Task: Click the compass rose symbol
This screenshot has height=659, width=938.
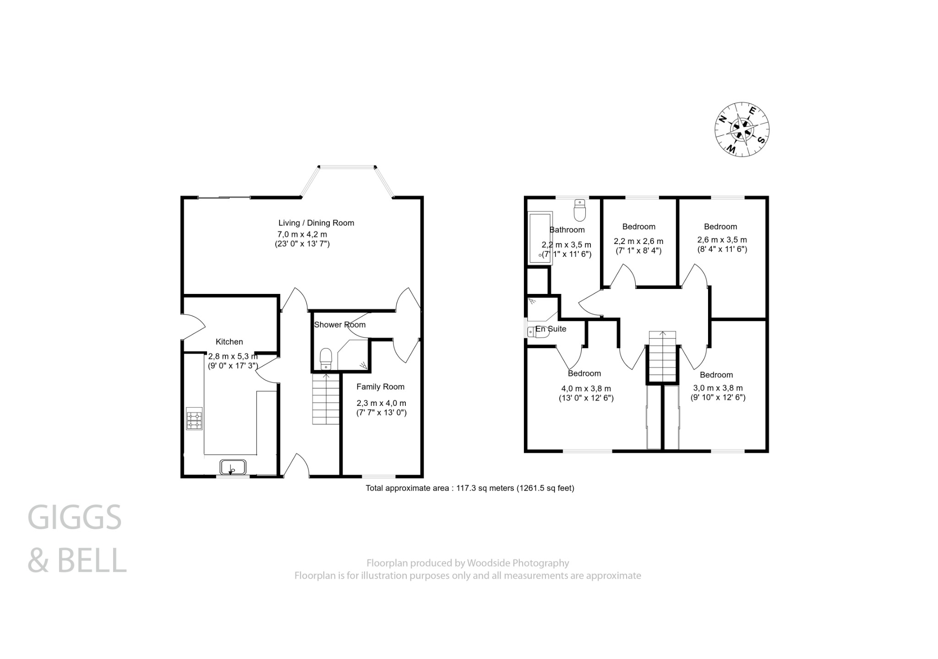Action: [742, 129]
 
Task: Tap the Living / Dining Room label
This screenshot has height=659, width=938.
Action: [316, 223]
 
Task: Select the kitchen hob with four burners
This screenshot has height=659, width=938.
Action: [194, 421]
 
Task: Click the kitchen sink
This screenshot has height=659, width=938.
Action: [233, 467]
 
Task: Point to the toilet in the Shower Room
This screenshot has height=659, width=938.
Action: [326, 358]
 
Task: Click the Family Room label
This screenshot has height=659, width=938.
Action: [380, 387]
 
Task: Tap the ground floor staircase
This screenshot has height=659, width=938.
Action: [326, 399]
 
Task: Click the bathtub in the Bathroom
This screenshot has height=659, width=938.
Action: [540, 238]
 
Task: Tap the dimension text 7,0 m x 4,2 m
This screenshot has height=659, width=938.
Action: [302, 234]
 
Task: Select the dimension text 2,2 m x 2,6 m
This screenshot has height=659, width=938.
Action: [638, 241]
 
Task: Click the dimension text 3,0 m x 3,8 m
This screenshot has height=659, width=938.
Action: [718, 388]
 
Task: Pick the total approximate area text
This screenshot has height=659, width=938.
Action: [469, 488]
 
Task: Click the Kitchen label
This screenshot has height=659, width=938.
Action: [229, 342]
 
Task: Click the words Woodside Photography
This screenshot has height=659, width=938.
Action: [518, 563]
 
